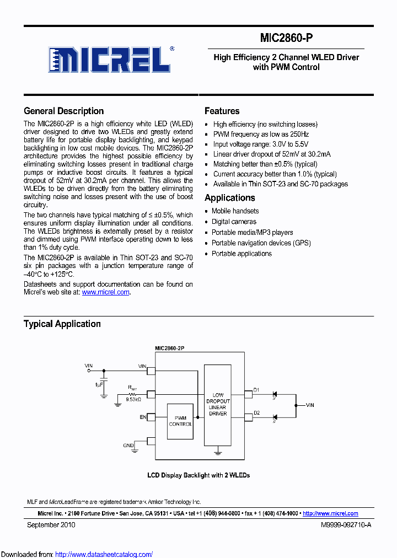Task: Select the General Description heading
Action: pyautogui.click(x=63, y=111)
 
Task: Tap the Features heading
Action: pyautogui.click(x=222, y=111)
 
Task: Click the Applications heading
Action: pyautogui.click(x=229, y=198)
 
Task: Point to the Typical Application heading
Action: pyautogui.click(x=62, y=324)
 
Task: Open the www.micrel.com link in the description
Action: pyautogui.click(x=105, y=292)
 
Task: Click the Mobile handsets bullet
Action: pyautogui.click(x=235, y=211)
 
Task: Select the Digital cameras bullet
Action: pyautogui.click(x=234, y=222)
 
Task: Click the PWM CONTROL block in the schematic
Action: pyautogui.click(x=180, y=421)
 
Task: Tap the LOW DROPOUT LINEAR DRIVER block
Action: pyautogui.click(x=218, y=404)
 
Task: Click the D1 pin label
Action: pyautogui.click(x=256, y=390)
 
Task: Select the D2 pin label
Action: pyautogui.click(x=256, y=413)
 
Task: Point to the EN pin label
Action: pyautogui.click(x=143, y=417)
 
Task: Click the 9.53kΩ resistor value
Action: pyautogui.click(x=133, y=399)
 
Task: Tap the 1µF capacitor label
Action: pyautogui.click(x=99, y=384)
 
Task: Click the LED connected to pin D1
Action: pyautogui.click(x=276, y=394)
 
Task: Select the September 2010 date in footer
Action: pyautogui.click(x=51, y=525)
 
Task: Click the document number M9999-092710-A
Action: pyautogui.click(x=346, y=525)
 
